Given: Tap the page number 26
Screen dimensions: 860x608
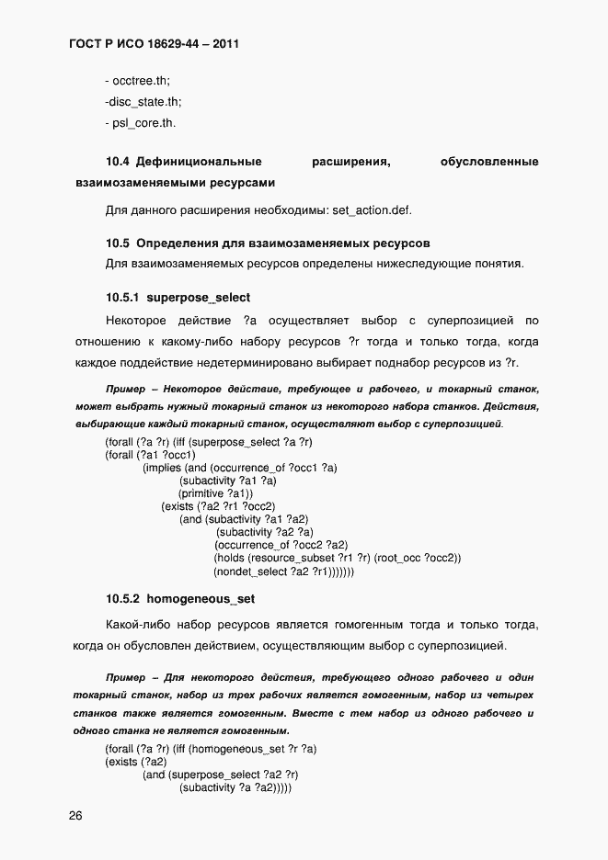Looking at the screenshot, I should (x=75, y=816).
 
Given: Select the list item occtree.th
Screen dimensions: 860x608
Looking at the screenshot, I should (x=137, y=81).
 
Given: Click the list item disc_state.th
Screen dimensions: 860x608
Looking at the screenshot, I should (x=143, y=101).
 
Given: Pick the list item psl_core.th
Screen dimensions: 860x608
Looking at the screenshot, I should (x=140, y=122).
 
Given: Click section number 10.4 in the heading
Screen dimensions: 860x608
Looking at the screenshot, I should (x=117, y=163).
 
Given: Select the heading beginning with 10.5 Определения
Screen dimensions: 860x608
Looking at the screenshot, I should (x=268, y=243).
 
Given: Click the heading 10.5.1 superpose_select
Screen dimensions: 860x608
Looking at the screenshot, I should (x=178, y=298).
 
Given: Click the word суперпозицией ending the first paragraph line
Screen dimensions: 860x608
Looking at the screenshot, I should (x=473, y=321).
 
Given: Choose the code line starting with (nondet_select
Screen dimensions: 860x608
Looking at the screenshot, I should (x=283, y=571).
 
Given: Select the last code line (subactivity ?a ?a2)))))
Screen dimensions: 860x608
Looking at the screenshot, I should (x=235, y=787).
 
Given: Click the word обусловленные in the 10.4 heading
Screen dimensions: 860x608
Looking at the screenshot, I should (x=489, y=163).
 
